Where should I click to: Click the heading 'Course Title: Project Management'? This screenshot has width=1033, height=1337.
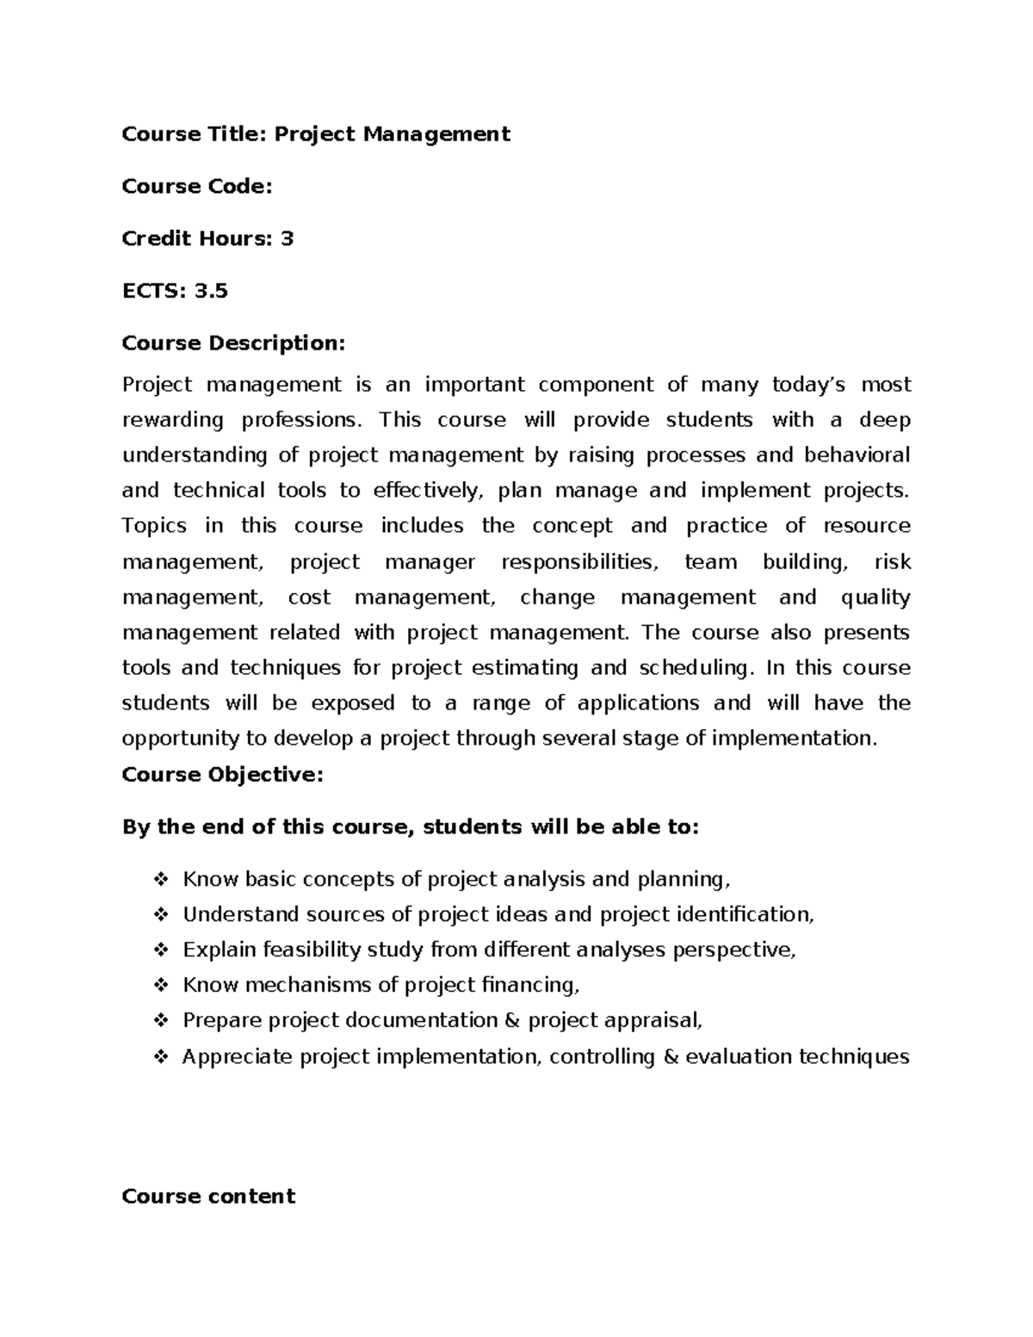(316, 134)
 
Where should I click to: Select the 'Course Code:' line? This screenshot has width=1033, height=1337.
(197, 187)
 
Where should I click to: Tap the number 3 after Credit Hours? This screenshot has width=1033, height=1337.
(288, 238)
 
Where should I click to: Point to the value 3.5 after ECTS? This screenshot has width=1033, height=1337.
(211, 291)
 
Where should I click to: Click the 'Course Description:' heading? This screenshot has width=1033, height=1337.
(233, 344)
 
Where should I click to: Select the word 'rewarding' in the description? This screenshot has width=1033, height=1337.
(173, 420)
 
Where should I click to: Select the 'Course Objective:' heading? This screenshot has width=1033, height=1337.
(223, 775)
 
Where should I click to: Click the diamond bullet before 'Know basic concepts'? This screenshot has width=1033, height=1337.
(160, 880)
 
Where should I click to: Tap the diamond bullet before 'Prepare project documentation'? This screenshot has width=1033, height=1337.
(160, 1021)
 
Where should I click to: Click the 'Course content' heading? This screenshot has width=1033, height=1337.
(208, 1197)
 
